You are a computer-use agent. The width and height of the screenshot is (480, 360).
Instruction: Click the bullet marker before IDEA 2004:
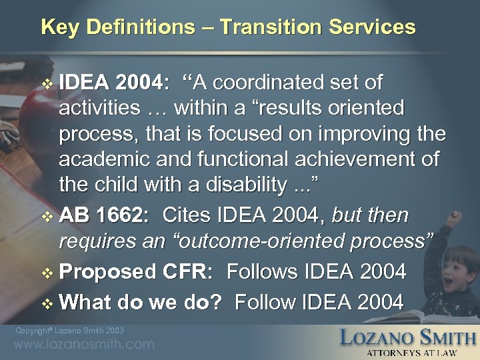click(47, 85)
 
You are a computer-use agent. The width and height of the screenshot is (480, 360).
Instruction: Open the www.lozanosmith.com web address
click(83, 345)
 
